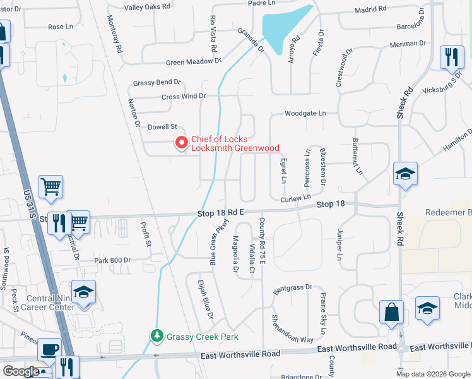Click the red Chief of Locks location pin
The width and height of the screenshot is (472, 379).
coord(182,143)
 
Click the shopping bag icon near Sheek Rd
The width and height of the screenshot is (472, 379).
coord(391,312)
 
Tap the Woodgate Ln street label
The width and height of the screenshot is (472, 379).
coord(305,113)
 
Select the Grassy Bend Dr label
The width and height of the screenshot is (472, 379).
coord(156,82)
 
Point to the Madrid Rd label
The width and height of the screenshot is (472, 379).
coord(370,9)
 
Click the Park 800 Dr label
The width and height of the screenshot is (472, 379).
coord(112,260)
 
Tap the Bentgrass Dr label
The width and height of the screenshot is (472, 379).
coord(292,288)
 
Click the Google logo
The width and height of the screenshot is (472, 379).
coord(21,371)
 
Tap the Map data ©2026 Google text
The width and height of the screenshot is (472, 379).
coord(433,374)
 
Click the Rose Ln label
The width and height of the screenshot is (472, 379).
coord(61,27)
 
